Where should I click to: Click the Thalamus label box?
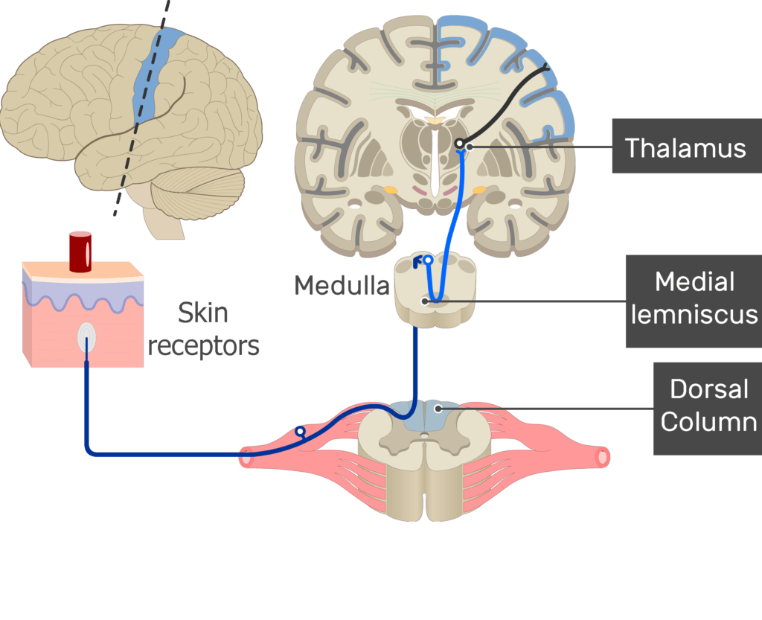coord(685,147)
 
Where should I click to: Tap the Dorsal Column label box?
coord(708,406)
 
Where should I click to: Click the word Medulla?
coord(341,285)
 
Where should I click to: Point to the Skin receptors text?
coord(203,328)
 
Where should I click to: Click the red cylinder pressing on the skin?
coord(80,251)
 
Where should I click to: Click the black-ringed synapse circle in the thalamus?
coord(460,143)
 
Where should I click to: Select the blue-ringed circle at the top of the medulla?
coord(428,261)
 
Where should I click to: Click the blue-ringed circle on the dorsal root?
coord(300,431)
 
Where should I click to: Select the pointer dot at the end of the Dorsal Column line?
coord(439,408)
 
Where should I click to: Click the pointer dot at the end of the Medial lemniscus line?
coord(425,301)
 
